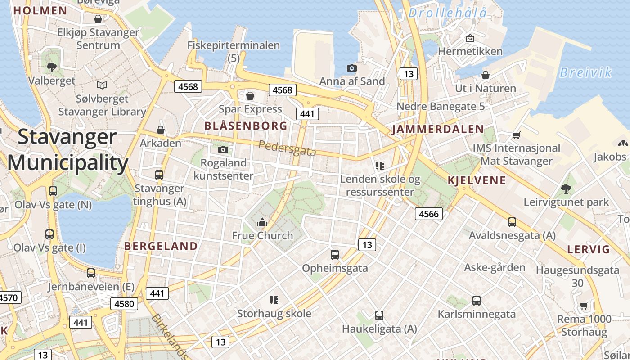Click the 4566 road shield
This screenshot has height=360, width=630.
click(428, 214)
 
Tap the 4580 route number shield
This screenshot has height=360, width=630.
click(124, 304)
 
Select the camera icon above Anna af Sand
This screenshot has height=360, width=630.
click(352, 68)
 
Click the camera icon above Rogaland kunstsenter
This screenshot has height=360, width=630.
click(223, 149)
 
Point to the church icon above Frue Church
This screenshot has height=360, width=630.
click(262, 222)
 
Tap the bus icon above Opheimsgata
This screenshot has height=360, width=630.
click(334, 255)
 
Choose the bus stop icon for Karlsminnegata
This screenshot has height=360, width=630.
click(476, 301)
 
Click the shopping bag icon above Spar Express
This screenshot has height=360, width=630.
click(250, 96)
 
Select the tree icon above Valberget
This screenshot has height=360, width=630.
click(52, 67)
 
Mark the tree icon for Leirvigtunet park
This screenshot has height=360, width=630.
click(566, 189)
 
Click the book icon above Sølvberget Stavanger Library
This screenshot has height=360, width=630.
click(102, 85)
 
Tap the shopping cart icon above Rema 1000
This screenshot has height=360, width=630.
click(584, 306)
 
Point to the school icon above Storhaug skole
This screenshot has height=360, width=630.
click(274, 300)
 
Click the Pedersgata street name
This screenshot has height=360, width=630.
click(287, 148)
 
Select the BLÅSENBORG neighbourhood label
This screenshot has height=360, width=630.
click(246, 126)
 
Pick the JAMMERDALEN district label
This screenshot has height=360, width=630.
click(438, 130)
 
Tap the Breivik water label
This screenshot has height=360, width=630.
click(585, 72)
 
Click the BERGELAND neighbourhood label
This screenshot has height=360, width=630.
click(161, 246)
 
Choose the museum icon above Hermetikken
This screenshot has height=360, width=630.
click(470, 38)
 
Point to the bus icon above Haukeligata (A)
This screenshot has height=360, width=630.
click(379, 315)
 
